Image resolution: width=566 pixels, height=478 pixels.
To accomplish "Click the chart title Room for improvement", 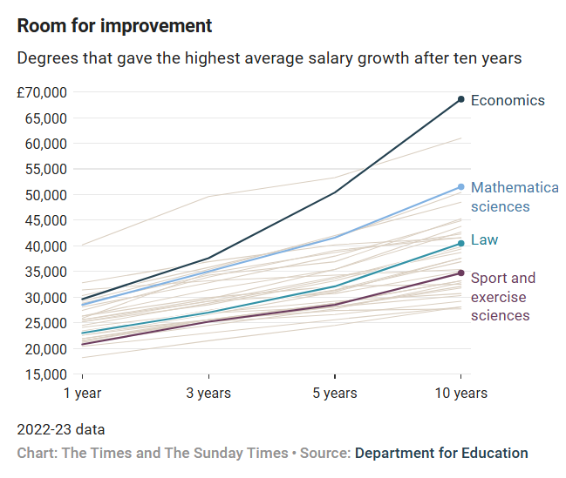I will tap(114, 25).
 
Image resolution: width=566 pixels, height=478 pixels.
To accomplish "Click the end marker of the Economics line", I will tap(461, 99).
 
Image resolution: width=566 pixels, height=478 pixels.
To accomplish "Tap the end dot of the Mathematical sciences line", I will tap(461, 187).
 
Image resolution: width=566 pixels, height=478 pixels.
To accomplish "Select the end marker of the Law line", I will tap(461, 244).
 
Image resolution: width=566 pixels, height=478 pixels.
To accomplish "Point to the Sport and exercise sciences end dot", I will tap(461, 273).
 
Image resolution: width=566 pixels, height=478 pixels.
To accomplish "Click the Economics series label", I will tap(508, 100).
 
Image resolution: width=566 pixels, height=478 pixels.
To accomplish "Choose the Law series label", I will tap(485, 239).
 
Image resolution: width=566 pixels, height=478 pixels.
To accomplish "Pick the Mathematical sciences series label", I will tap(514, 197).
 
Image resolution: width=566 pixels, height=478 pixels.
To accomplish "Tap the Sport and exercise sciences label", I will tap(503, 296).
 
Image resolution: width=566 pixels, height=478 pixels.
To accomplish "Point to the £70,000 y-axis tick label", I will tap(42, 91).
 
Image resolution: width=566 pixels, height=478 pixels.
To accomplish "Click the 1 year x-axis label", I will tap(84, 394).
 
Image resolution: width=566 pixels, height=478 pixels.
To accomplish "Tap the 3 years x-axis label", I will tap(208, 394).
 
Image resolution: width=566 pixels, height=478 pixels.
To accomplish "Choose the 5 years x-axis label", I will tap(335, 394).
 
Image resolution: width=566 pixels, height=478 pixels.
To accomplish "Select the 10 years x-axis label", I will tap(461, 394).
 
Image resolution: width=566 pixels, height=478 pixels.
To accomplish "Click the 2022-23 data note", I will tap(61, 430).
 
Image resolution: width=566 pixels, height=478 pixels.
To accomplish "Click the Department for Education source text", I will tap(441, 453).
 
